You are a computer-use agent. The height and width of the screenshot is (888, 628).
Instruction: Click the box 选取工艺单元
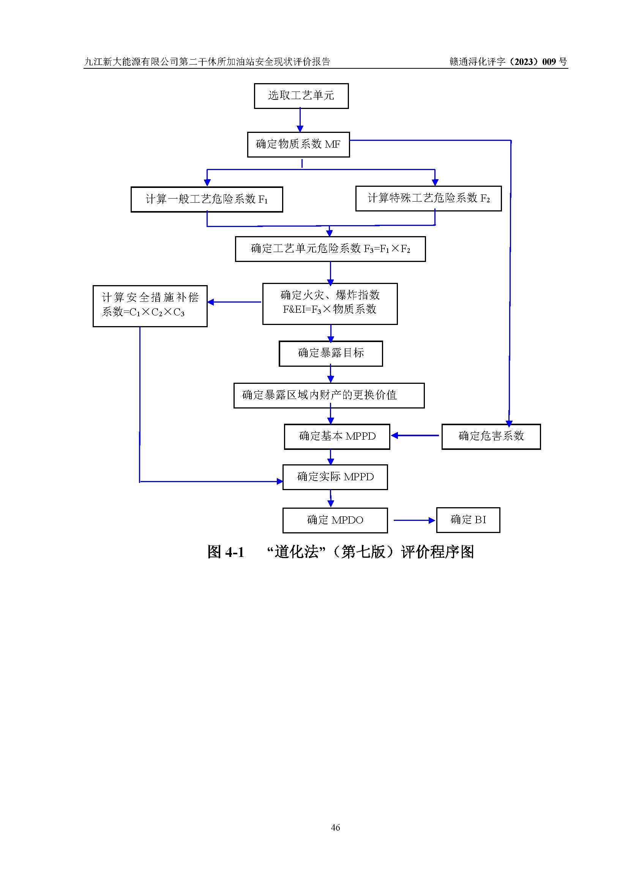(301, 96)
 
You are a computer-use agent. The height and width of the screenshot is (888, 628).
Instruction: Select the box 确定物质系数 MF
(298, 144)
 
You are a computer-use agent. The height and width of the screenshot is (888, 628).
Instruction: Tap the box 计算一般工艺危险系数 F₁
(207, 199)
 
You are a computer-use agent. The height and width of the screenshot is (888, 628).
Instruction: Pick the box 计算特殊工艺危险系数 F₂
(428, 199)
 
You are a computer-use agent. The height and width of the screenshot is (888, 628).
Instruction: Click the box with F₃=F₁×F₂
(330, 249)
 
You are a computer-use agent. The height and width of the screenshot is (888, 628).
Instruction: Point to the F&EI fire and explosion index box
(330, 304)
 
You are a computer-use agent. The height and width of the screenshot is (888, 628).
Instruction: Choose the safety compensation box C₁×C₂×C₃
(150, 306)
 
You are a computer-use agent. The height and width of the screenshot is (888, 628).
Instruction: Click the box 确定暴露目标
(331, 353)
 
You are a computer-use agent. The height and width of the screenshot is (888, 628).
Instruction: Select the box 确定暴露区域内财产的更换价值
(329, 395)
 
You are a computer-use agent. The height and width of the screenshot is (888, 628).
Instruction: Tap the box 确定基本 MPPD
(337, 436)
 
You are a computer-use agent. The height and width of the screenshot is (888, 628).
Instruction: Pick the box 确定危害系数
(491, 436)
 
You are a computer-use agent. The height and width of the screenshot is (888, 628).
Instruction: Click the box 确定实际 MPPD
(335, 477)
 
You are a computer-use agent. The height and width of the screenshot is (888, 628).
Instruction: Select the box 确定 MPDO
(335, 520)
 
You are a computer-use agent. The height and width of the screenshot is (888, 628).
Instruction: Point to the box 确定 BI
(468, 520)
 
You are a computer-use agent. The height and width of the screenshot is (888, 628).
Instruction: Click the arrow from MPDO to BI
(414, 520)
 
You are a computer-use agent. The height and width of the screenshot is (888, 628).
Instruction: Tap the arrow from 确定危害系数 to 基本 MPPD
(415, 435)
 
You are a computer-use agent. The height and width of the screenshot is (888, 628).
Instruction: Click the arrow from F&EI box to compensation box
(235, 302)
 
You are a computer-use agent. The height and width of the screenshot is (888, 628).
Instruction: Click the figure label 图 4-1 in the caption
(226, 552)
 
